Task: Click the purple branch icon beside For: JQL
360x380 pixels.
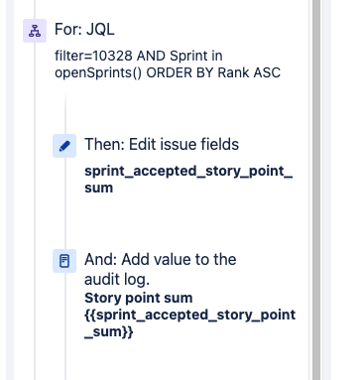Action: click(35, 31)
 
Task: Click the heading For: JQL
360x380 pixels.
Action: click(84, 29)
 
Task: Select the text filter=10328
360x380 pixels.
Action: click(94, 56)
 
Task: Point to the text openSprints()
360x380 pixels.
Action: click(98, 73)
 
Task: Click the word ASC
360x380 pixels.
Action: click(267, 72)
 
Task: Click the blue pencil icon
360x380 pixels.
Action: click(64, 146)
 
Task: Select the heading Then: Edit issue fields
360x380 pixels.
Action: click(162, 144)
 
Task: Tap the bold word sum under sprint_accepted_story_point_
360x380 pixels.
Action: click(99, 188)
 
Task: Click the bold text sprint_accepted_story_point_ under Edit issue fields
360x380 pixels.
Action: click(188, 172)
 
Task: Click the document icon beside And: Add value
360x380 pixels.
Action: click(64, 261)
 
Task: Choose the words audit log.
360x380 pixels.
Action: click(117, 280)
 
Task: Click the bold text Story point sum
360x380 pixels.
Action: click(139, 298)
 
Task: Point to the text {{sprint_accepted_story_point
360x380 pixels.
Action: click(190, 316)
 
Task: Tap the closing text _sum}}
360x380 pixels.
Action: click(109, 331)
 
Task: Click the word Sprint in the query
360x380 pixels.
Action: click(186, 56)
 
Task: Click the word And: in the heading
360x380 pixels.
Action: click(101, 259)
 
